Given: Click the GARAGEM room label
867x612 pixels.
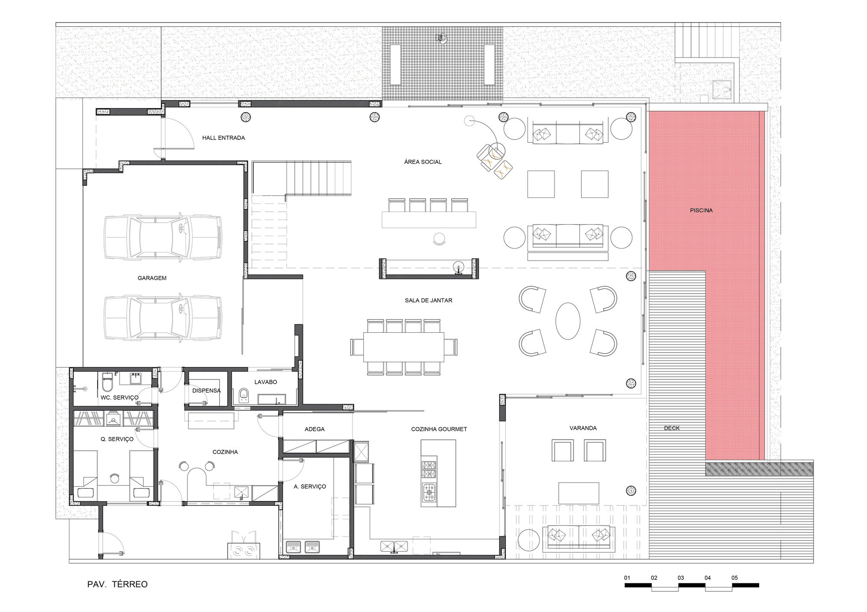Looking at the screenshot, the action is [x=152, y=278].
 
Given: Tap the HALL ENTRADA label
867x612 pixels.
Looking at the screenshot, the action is [x=223, y=138].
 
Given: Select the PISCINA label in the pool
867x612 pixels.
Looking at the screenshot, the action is [x=701, y=210].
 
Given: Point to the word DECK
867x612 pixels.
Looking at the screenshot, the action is [x=672, y=428].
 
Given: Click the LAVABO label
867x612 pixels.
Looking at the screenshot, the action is [x=266, y=382].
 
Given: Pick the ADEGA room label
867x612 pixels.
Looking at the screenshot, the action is [x=315, y=429].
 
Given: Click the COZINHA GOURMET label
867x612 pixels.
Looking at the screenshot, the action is [x=439, y=429].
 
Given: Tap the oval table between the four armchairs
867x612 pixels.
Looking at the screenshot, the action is [x=568, y=321].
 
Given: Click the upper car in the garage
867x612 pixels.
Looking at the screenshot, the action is [x=163, y=238].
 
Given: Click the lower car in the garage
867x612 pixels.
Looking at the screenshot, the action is [x=163, y=317].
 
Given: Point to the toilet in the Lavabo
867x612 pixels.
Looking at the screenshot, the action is [x=244, y=395].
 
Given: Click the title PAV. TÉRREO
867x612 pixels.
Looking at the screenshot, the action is [x=117, y=584].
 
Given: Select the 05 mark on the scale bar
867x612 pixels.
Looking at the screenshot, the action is [x=734, y=578].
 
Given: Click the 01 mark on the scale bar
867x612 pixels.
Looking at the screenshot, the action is [x=627, y=578].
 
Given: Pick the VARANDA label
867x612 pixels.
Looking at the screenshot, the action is [x=583, y=428].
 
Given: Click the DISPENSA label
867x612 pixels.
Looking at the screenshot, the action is [x=207, y=390].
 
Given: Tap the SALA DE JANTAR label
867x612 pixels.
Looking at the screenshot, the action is [x=429, y=300].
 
